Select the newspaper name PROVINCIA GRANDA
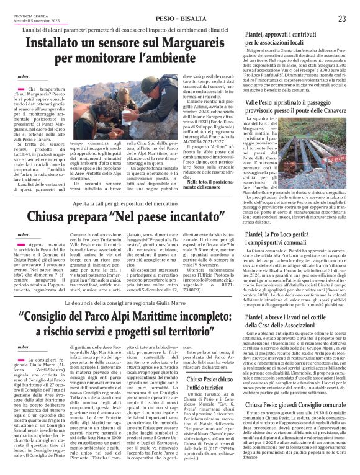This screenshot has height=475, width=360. click(x=22, y=15)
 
